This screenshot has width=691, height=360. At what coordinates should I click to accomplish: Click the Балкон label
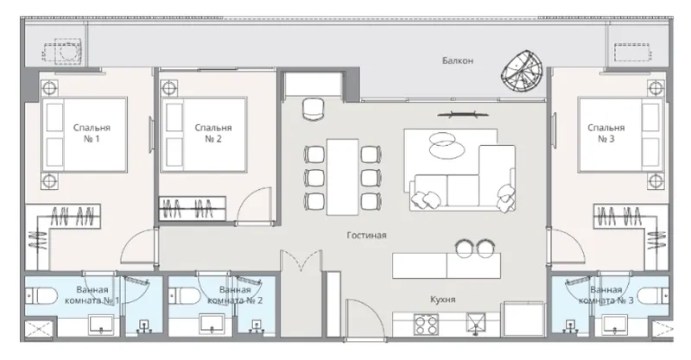pyautogui.click(x=458, y=60)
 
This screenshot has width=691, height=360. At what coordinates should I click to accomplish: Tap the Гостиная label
pyautogui.click(x=366, y=236)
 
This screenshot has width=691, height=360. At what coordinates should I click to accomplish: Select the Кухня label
pyautogui.click(x=442, y=300)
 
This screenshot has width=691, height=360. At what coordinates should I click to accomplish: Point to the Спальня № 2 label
pyautogui.click(x=213, y=133)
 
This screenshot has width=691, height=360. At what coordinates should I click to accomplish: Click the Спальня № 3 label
pyautogui.click(x=606, y=133)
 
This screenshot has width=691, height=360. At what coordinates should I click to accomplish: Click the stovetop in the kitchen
pyautogui.click(x=426, y=325)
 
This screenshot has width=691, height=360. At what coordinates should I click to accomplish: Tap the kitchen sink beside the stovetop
pyautogui.click(x=476, y=325)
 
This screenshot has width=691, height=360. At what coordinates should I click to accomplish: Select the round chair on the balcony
pyautogui.click(x=523, y=72)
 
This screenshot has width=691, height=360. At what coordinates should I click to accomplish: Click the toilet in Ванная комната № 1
pyautogui.click(x=41, y=295)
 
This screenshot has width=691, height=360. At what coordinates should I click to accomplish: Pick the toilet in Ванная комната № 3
pyautogui.click(x=653, y=295)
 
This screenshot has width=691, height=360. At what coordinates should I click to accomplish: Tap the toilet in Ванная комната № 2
pyautogui.click(x=185, y=295)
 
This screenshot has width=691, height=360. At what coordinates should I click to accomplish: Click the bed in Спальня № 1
pyautogui.click(x=84, y=135)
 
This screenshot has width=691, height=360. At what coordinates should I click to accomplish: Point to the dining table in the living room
pyautogui.click(x=342, y=177)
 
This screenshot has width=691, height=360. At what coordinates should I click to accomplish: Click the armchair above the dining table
pyautogui.click(x=314, y=109)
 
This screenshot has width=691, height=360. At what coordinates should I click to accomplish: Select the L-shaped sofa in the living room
pyautogui.click(x=463, y=178)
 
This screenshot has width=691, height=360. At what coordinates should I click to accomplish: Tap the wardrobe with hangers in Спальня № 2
pyautogui.click(x=192, y=208)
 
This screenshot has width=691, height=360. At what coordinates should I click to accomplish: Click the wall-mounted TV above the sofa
pyautogui.click(x=463, y=115)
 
